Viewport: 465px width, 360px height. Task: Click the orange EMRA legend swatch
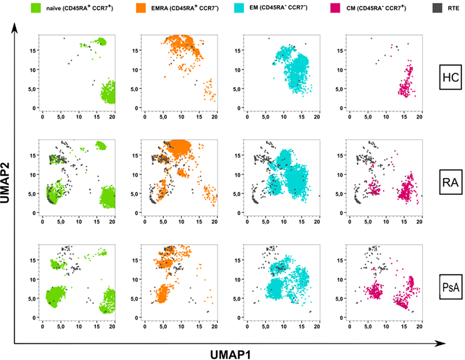pos(140,9)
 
